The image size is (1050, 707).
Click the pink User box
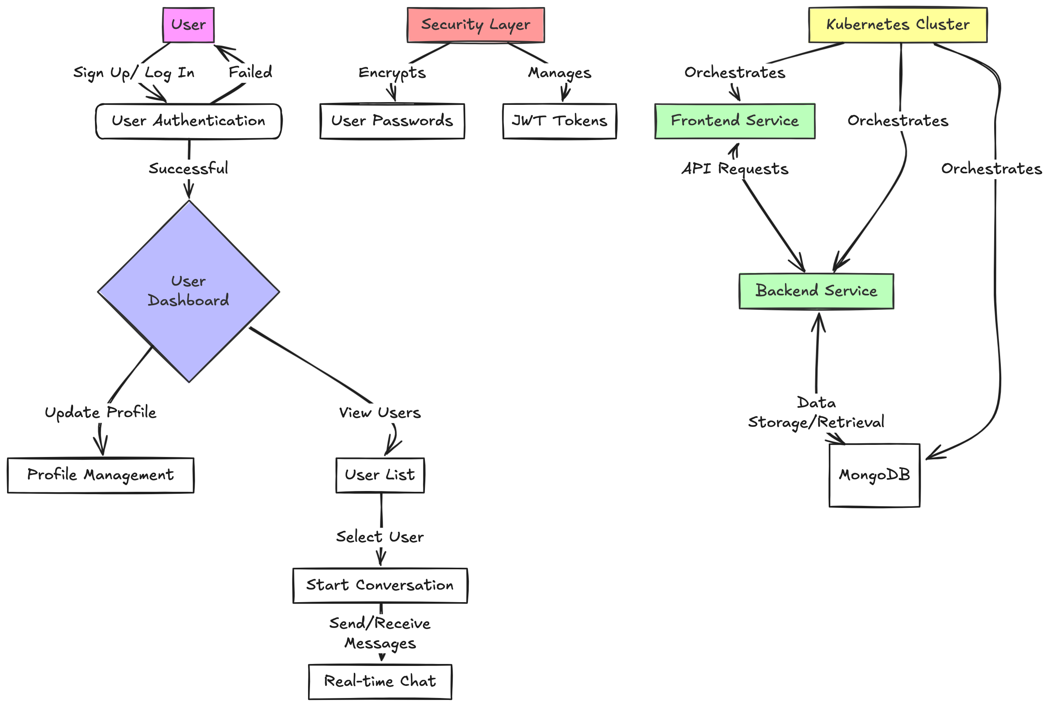coord(188,25)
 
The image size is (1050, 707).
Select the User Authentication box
coord(188,121)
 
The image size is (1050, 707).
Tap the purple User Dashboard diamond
coord(188,291)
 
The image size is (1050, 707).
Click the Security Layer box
coord(475,25)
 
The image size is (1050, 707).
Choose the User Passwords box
coord(392,121)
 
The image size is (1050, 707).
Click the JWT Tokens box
coord(559,121)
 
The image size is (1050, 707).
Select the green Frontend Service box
coord(734,121)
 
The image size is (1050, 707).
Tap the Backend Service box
coord(816,291)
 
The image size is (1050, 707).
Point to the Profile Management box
coord(100,475)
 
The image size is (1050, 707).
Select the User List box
coord(380,475)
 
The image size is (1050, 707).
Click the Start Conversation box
coord(380,585)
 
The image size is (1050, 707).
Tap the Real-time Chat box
coord(380,681)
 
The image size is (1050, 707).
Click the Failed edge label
coord(251,72)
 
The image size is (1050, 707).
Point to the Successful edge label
coord(188,169)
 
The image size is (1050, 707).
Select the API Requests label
coord(735,169)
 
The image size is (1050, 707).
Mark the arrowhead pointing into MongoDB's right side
coord(932,457)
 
